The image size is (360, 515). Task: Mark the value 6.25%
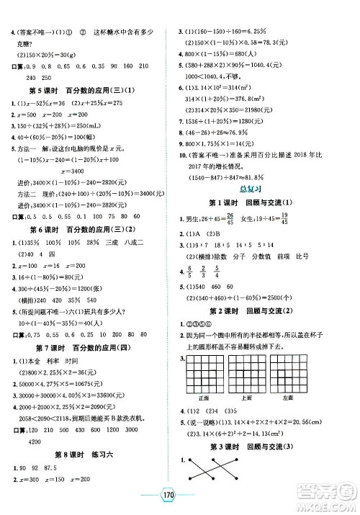[259, 32]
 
